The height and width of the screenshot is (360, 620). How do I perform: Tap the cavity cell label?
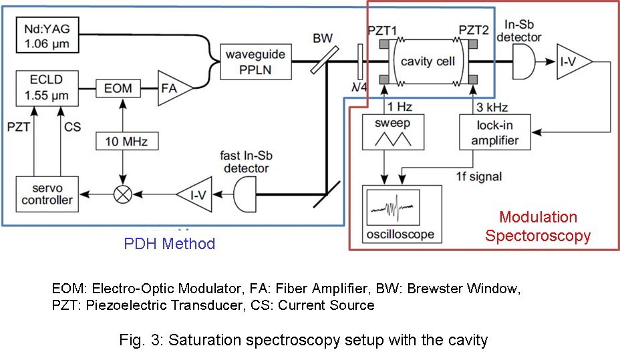click(x=427, y=61)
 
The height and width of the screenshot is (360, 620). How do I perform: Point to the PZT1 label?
click(x=383, y=31)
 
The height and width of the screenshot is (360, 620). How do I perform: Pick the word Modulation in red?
click(x=538, y=218)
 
